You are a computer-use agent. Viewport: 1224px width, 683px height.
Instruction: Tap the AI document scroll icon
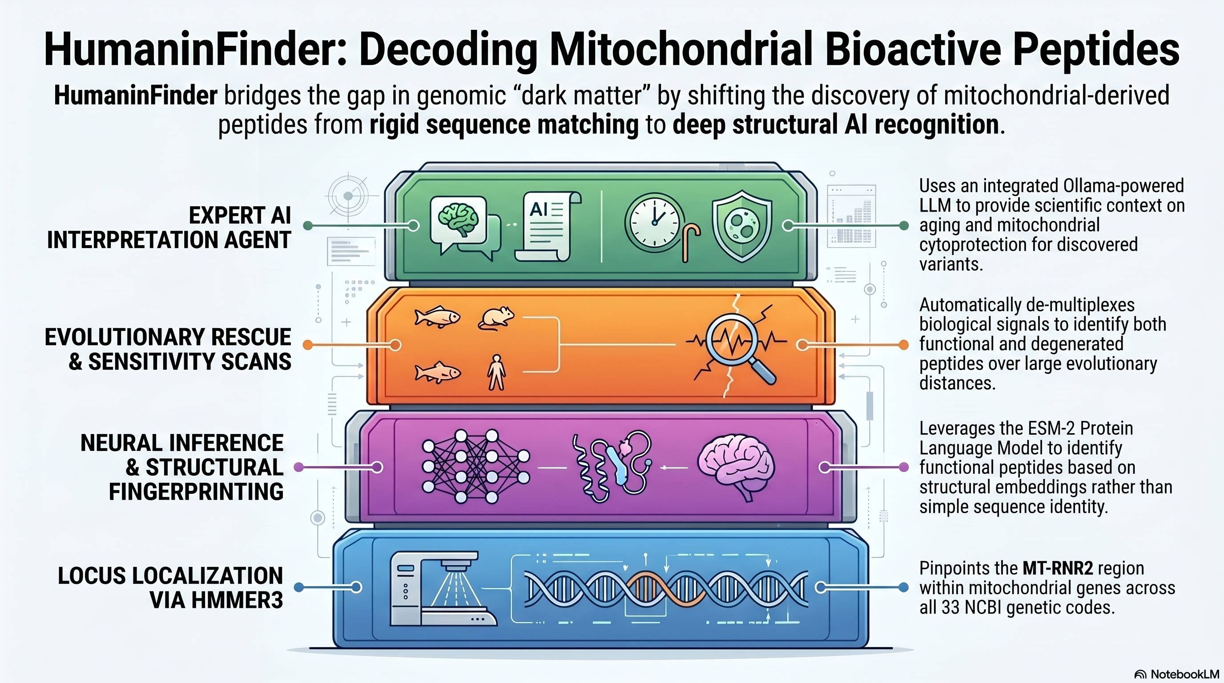pyautogui.click(x=547, y=226)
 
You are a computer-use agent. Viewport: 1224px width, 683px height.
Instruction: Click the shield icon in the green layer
pyautogui.click(x=741, y=225)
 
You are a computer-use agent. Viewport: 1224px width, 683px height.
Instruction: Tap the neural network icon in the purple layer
pyautogui.click(x=475, y=466)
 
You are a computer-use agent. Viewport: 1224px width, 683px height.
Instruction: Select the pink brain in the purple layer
pyautogui.click(x=735, y=466)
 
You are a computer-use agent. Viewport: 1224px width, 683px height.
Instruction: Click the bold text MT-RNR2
pyautogui.click(x=1058, y=568)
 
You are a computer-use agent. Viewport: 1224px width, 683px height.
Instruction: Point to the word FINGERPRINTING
pyautogui.click(x=196, y=492)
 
